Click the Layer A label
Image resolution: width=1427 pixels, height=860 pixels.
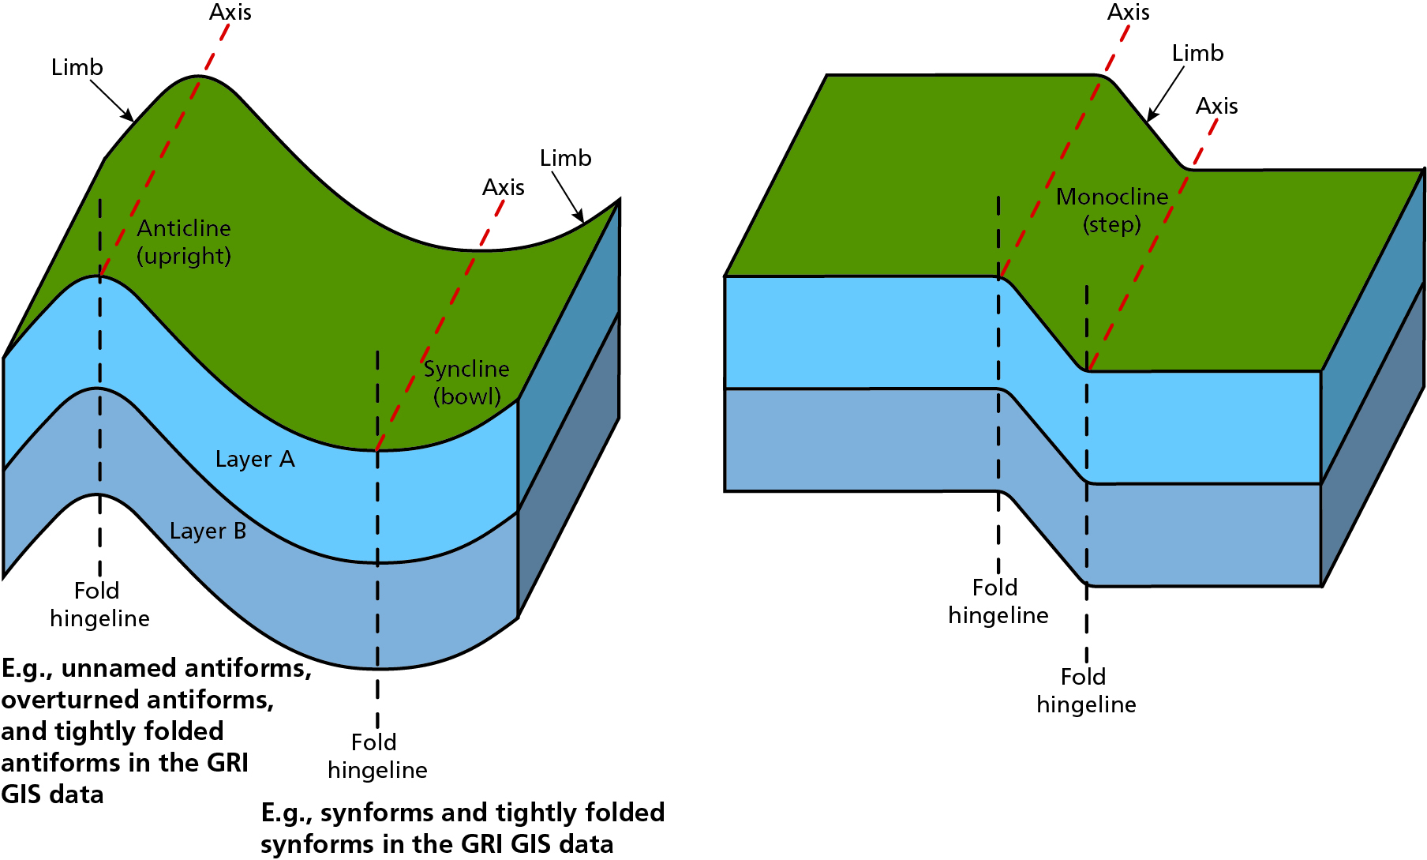pos(255,459)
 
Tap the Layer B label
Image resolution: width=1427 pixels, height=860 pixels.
pos(208,531)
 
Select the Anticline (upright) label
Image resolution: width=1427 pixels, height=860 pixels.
pos(184,242)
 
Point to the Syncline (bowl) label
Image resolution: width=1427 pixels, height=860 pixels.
pos(466,382)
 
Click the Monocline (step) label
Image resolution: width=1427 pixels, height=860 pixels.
pos(1112,210)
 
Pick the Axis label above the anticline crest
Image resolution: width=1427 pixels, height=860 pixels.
pos(230,13)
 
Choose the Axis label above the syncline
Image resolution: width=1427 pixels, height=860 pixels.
pos(504,188)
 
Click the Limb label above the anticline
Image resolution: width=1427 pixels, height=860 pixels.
pos(77,68)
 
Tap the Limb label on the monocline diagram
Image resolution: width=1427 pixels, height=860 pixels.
pos(1197,54)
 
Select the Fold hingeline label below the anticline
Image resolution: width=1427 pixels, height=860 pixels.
pos(99,604)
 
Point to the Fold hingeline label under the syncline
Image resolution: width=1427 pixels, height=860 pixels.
pos(377,756)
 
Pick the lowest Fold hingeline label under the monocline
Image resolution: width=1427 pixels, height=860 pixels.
pos(1086,690)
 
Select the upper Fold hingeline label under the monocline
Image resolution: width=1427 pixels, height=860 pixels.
pos(998,601)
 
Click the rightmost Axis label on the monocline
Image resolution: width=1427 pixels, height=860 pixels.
pos(1216,106)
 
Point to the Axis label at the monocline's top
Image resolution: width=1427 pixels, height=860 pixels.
pos(1128,13)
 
